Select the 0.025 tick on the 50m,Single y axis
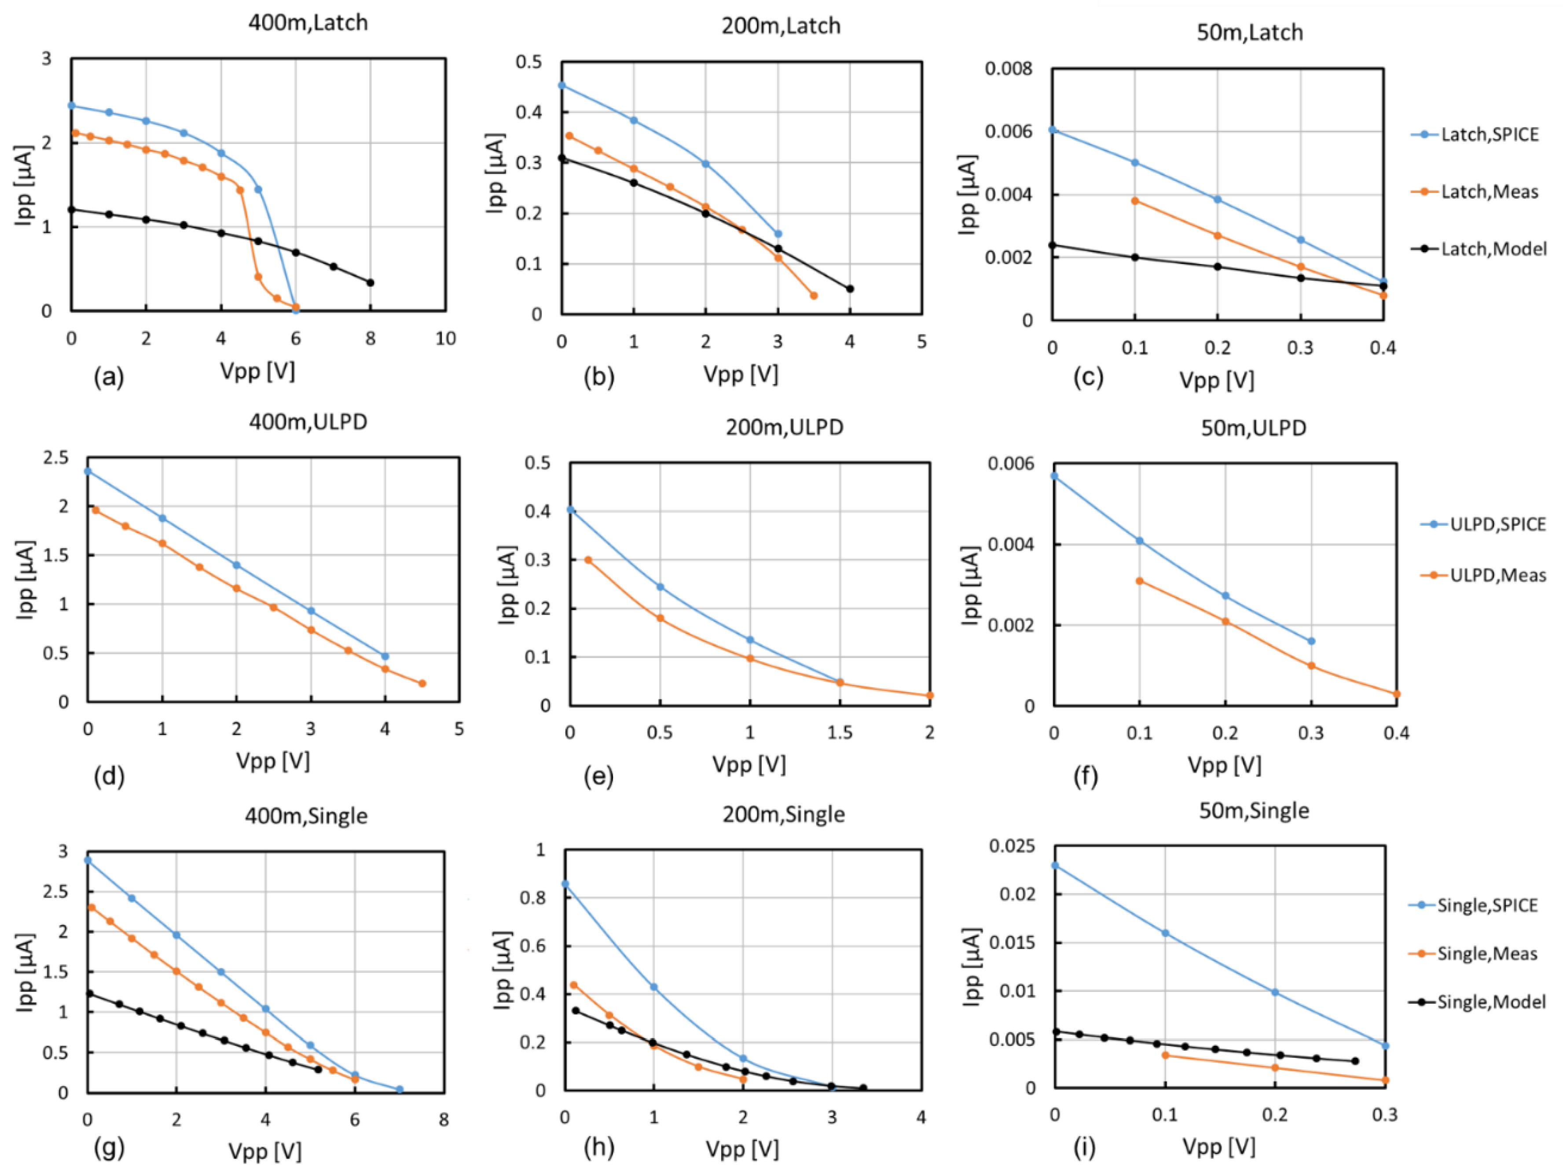(1012, 846)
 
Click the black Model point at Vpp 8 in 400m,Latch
(370, 282)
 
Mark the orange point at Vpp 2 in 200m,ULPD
(929, 696)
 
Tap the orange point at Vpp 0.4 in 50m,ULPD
(1396, 694)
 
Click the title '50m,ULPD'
(1254, 428)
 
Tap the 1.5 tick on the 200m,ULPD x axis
(840, 733)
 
